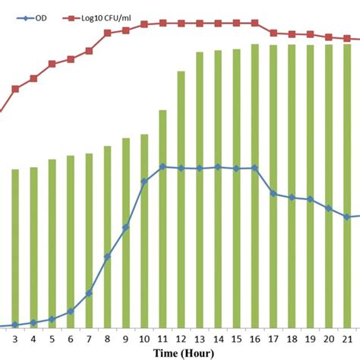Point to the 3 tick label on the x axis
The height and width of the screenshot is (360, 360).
coord(15,339)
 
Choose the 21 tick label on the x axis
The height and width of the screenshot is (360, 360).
coord(347,339)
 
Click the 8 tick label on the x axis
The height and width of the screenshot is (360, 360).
coord(107,339)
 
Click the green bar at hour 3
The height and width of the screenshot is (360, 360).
coord(15,248)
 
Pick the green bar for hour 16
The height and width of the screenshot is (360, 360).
coord(254,185)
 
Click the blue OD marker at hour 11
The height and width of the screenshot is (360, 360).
coord(163,166)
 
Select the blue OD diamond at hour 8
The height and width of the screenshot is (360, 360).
coord(107,256)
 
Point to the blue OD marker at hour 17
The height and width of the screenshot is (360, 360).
coord(273,194)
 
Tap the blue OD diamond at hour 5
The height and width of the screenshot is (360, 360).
coord(52,319)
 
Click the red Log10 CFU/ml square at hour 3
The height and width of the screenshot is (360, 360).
coord(15,89)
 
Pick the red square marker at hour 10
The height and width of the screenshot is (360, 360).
coord(144,25)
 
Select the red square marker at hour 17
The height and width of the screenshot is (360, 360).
coord(273,33)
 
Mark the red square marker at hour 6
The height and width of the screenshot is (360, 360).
coord(71,58)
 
